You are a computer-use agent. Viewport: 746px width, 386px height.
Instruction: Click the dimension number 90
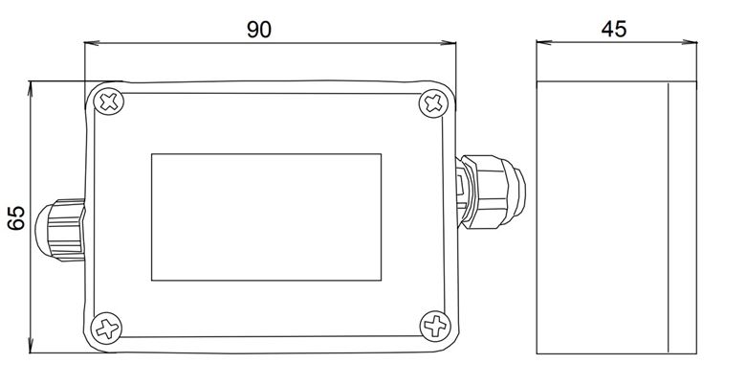pyautogui.click(x=259, y=30)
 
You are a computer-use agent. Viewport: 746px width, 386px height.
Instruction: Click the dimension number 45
pyautogui.click(x=614, y=29)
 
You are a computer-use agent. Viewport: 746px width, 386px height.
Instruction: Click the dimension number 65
pyautogui.click(x=16, y=217)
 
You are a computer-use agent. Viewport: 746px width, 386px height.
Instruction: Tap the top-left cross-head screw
pyautogui.click(x=109, y=102)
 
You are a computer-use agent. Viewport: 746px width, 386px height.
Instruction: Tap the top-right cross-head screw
pyautogui.click(x=433, y=103)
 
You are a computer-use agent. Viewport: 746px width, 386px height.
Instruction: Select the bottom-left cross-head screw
pyautogui.click(x=106, y=328)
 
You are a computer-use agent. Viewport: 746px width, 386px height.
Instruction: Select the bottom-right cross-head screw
pyautogui.click(x=435, y=326)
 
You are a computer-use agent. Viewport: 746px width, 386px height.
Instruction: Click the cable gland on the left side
pyautogui.click(x=60, y=230)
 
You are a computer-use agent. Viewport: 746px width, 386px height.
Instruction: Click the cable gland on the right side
pyautogui.click(x=491, y=192)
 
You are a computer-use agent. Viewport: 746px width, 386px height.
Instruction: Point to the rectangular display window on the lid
pyautogui.click(x=267, y=216)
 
